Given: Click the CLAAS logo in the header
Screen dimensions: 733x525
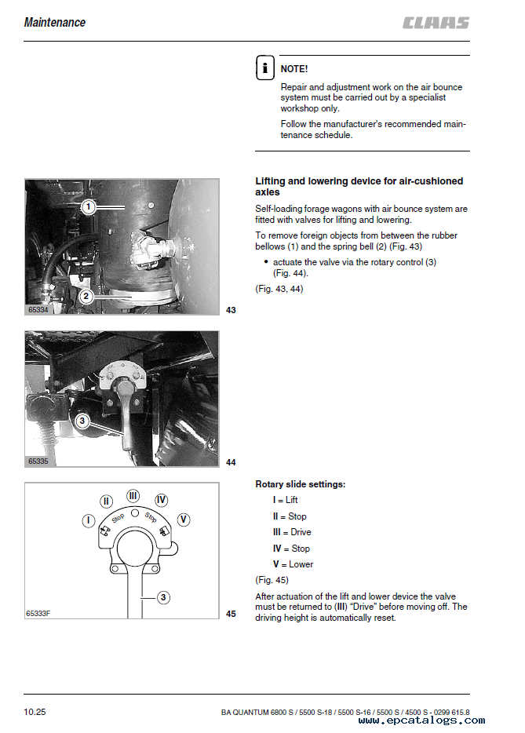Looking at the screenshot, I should [436, 23].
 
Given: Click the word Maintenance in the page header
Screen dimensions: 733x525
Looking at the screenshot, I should [55, 22].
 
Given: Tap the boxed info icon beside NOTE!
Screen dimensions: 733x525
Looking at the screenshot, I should [264, 68].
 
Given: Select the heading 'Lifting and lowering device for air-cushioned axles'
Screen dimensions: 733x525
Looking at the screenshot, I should [359, 186].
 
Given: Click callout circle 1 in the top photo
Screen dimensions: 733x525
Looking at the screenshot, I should [89, 207].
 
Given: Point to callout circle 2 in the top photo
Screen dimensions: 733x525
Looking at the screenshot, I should [86, 296].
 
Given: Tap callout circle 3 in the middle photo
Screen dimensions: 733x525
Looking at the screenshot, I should [82, 421].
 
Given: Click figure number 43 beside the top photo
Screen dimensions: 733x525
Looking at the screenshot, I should [231, 311].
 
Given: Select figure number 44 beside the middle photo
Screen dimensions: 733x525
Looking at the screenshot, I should [231, 462].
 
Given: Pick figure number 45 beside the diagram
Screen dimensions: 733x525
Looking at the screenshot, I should [231, 614].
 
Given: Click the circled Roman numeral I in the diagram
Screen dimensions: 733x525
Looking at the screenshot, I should [89, 520].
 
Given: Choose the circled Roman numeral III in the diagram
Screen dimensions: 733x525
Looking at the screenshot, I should [133, 496].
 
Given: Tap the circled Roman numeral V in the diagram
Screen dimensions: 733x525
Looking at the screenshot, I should [183, 520].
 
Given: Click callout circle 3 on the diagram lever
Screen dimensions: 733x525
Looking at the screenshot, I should [162, 598].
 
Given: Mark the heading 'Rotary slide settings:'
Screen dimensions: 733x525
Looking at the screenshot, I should [301, 484].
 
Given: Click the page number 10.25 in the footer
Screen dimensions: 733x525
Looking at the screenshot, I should [35, 713].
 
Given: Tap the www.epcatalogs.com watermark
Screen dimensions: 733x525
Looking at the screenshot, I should [421, 720].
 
